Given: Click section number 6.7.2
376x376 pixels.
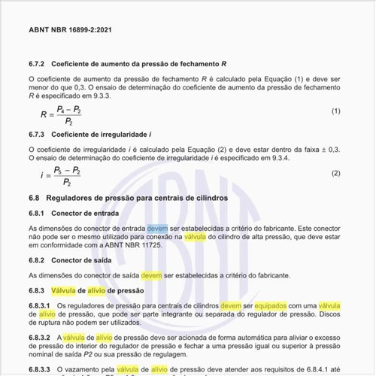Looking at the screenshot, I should (38, 63).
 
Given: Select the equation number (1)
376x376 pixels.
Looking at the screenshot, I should (336, 111).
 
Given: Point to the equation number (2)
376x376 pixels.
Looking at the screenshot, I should (336, 173).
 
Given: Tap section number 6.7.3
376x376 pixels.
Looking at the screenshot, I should (38, 135).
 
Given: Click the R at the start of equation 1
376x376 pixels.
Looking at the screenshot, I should (43, 114).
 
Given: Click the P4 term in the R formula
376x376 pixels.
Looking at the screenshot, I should (63, 108).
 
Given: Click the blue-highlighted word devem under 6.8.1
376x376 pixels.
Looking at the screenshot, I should (157, 227).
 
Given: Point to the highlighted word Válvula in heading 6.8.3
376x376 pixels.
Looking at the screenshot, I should (66, 290).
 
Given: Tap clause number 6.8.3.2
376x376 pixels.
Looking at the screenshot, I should (40, 340).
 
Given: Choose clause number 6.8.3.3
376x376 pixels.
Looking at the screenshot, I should (40, 370).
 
